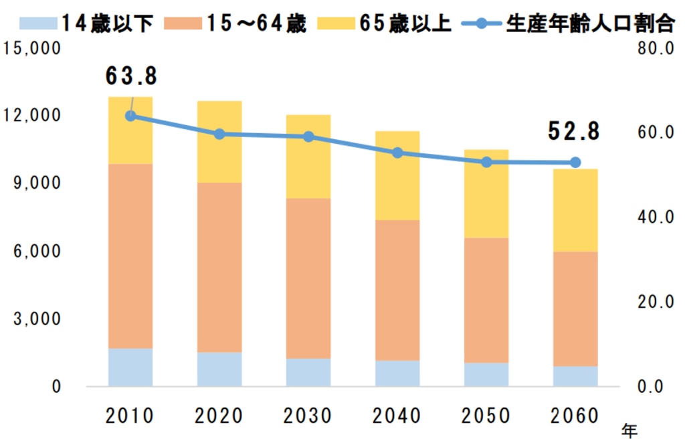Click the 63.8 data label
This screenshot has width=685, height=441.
(x=131, y=76)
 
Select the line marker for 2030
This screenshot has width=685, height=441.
(x=308, y=137)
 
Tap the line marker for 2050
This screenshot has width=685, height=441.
(x=486, y=162)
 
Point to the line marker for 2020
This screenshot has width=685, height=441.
(x=219, y=134)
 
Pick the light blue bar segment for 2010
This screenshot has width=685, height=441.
(x=130, y=367)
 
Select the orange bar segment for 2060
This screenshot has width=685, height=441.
(x=575, y=308)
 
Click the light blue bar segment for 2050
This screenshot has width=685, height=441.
(x=486, y=374)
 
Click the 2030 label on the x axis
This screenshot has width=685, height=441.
(x=308, y=416)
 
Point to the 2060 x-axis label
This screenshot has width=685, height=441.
(x=575, y=416)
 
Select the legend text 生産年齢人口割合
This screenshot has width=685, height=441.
(x=589, y=24)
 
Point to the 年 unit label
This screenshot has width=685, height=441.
(x=629, y=430)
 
